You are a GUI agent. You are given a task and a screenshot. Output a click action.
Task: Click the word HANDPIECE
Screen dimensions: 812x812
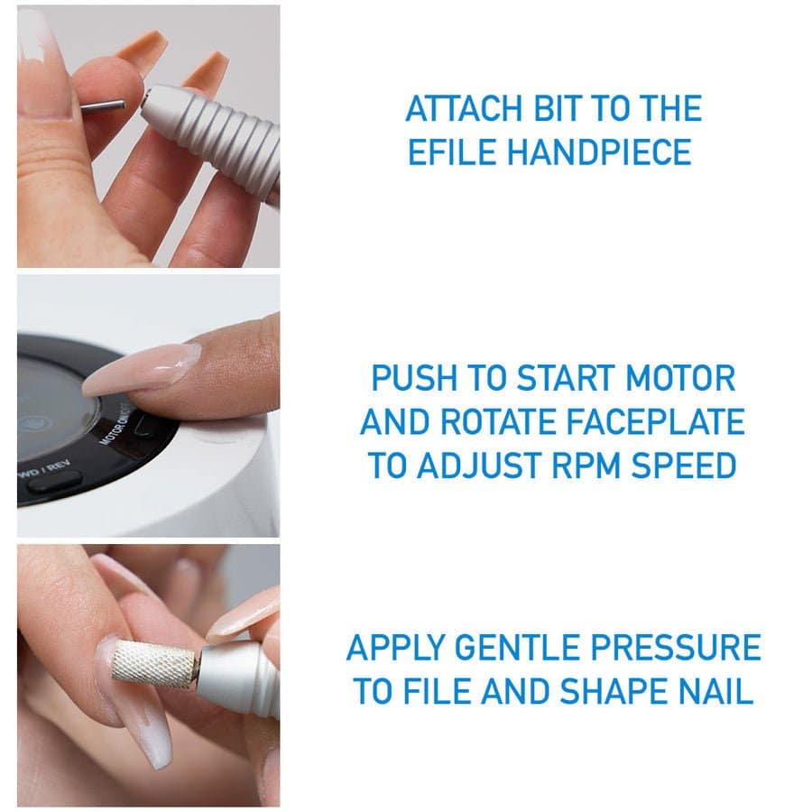click(x=599, y=152)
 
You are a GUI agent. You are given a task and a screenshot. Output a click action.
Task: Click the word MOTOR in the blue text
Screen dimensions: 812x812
click(x=680, y=378)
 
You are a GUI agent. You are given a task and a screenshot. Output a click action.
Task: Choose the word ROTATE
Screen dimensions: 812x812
click(x=498, y=422)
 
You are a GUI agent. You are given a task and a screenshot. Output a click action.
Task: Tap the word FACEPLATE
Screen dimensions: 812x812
click(x=655, y=422)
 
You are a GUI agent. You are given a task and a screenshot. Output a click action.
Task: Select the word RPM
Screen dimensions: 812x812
click(x=586, y=466)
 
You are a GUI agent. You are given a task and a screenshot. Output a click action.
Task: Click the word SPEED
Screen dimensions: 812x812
click(x=684, y=466)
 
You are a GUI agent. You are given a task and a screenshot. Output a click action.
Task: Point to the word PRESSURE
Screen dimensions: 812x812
click(x=676, y=648)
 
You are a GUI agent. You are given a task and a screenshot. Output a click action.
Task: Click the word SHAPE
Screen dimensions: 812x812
click(x=614, y=692)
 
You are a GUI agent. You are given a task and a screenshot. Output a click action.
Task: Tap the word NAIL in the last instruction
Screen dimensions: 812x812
click(x=715, y=692)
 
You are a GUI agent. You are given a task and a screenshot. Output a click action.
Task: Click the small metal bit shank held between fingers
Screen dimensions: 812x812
click(x=103, y=106)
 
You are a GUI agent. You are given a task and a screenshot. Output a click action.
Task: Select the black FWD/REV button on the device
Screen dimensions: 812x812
click(x=54, y=482)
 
